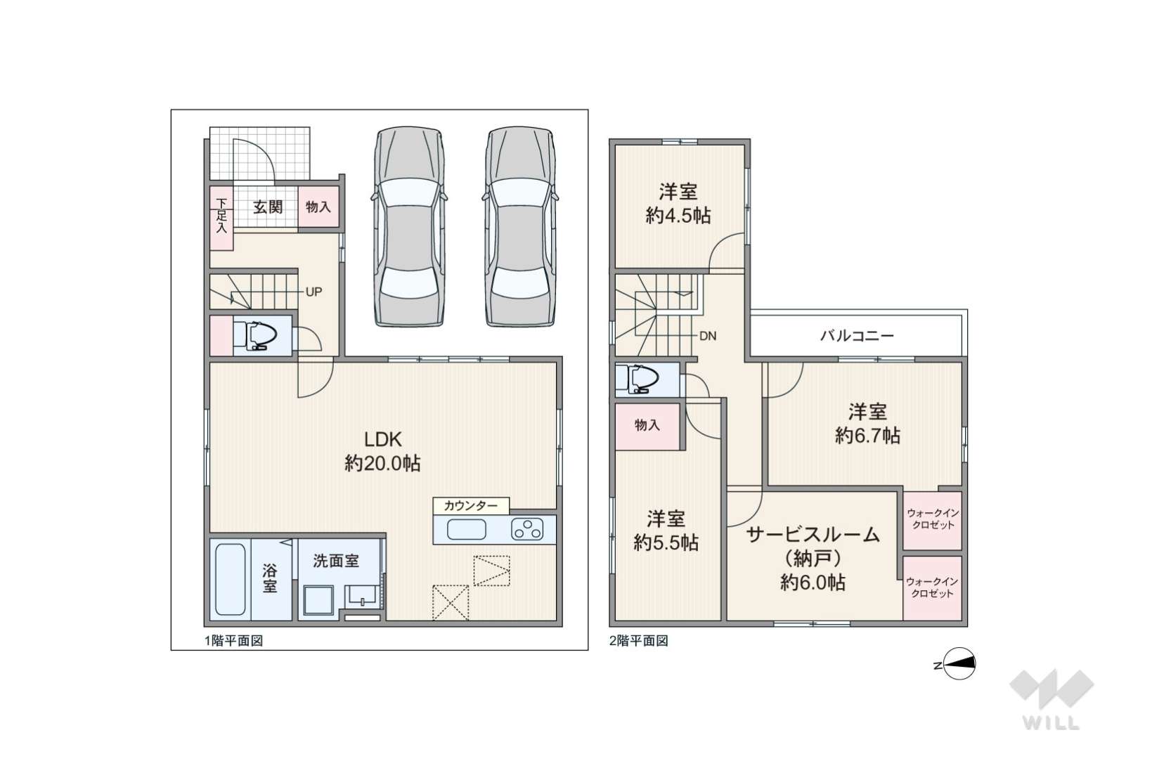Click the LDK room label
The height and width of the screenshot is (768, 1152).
point(382,440)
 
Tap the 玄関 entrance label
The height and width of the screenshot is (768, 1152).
point(268,207)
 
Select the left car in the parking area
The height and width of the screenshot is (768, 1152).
point(409,227)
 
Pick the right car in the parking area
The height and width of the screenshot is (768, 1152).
point(520,227)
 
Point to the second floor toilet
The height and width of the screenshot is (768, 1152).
point(638,379)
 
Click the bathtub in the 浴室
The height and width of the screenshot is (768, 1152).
point(230,580)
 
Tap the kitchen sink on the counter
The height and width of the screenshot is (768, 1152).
point(467,530)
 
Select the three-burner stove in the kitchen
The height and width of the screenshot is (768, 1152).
point(527,530)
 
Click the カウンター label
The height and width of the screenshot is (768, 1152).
point(471,506)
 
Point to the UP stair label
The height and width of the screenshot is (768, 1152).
point(313,292)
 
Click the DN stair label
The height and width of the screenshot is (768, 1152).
point(708,336)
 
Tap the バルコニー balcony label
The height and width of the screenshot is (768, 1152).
point(857,336)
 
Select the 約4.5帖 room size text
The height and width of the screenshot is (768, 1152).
point(678,216)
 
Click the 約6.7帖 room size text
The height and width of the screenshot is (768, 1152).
point(867,436)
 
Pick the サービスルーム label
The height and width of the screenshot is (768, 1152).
point(813,535)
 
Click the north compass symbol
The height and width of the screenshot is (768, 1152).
point(957,664)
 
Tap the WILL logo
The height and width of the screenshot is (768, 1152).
point(1051,699)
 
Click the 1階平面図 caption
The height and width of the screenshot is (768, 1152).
point(234,641)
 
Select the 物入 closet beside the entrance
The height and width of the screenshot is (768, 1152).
point(318,207)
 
